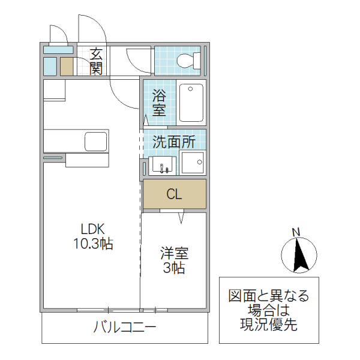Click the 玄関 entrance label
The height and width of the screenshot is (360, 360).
tap(96, 61)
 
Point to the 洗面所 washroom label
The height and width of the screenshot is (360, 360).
tap(174, 142)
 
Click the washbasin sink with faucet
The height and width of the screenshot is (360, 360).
tap(161, 164)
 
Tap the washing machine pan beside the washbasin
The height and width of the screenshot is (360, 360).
tap(193, 163)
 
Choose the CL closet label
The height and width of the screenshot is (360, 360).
tap(174, 194)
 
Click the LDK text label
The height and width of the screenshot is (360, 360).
tap(93, 229)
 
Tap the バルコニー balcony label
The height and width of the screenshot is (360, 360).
tap(125, 328)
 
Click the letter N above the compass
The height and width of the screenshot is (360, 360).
tap(295, 232)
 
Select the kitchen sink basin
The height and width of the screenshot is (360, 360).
tap(95, 142)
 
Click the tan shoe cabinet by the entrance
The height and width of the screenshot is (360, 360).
tap(66, 66)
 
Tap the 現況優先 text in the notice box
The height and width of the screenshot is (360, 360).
tap(269, 326)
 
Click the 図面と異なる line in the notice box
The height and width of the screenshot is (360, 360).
tap(269, 296)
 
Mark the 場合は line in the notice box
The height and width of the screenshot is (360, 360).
tap(269, 311)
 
